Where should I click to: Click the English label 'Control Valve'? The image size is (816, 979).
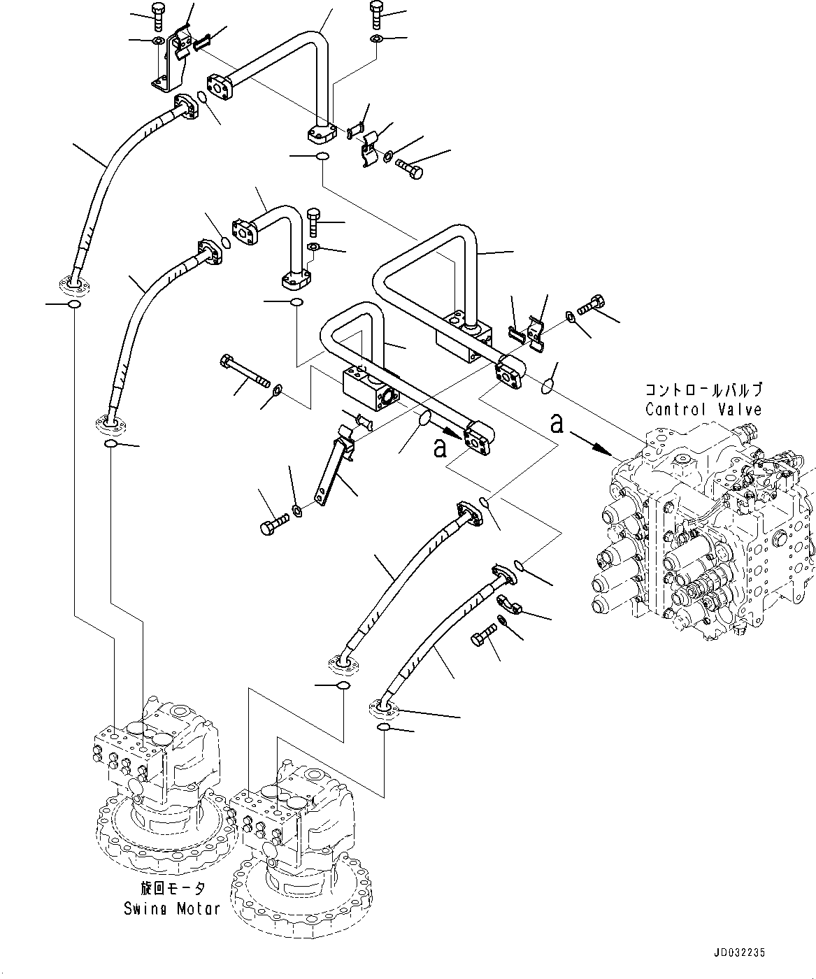coord(703,409)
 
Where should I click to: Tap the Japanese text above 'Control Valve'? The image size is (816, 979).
coord(703,391)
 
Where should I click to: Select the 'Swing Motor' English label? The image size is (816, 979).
coord(172,909)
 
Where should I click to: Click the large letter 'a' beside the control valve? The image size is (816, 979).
coord(557,423)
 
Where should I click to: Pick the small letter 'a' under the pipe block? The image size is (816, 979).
coord(439,447)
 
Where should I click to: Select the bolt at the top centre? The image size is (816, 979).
coord(375,13)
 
